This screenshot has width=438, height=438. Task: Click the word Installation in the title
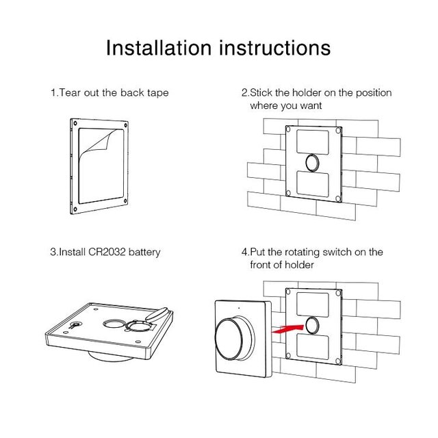(158, 48)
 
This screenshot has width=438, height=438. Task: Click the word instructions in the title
(275, 48)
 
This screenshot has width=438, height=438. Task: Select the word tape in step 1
(158, 93)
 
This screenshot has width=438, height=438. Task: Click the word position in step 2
(374, 93)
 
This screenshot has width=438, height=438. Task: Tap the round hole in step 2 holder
(312, 163)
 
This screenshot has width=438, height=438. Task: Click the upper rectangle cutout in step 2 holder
(313, 142)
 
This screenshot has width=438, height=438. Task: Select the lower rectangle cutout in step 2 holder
(313, 183)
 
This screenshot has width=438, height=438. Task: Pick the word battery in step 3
(144, 253)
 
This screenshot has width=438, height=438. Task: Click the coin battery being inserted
(157, 315)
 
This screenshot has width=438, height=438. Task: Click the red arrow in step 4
(287, 328)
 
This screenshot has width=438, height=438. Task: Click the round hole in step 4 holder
(312, 326)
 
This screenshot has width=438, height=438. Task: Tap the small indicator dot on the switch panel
(239, 308)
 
